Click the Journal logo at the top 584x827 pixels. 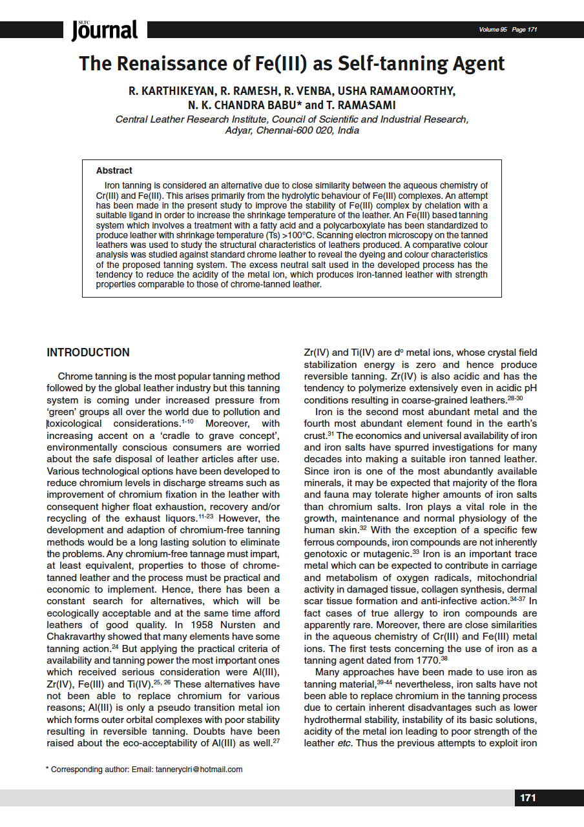[x=105, y=30]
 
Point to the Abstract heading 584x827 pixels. [x=114, y=170]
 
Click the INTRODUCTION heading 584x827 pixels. [x=88, y=352]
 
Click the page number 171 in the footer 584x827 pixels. [x=528, y=798]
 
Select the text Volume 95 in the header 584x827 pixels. [x=492, y=30]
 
